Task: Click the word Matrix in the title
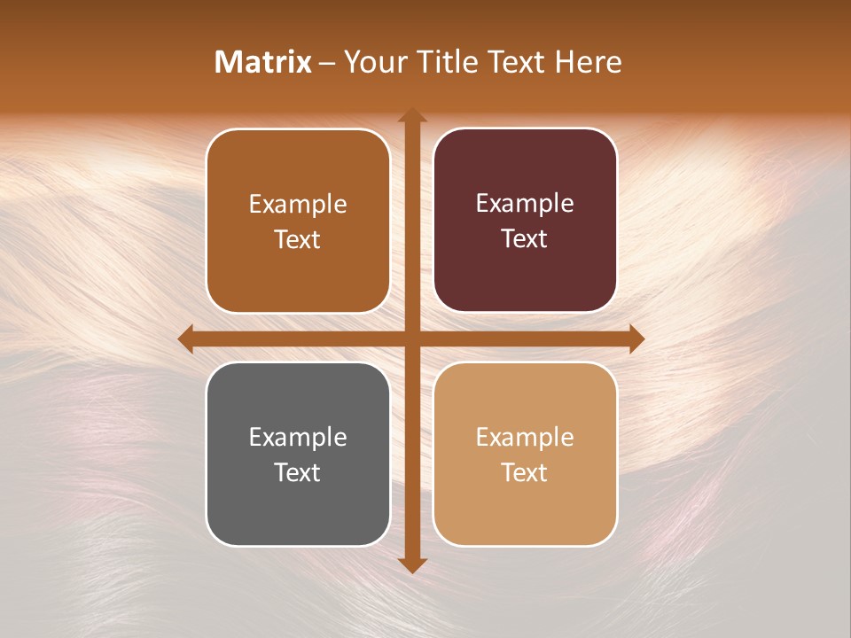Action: pyautogui.click(x=263, y=62)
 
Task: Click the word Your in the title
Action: pyautogui.click(x=372, y=62)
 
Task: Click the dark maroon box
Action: pyautogui.click(x=525, y=221)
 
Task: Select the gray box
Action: pyautogui.click(x=298, y=454)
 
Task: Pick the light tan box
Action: pyautogui.click(x=525, y=454)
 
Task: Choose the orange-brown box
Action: pyautogui.click(x=298, y=221)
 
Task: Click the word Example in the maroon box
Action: pyautogui.click(x=525, y=204)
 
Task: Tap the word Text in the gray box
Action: pyautogui.click(x=298, y=472)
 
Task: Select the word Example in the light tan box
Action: pyautogui.click(x=525, y=437)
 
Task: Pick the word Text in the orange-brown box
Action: pyautogui.click(x=298, y=239)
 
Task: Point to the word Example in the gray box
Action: pyautogui.click(x=298, y=437)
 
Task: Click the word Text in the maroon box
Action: pyautogui.click(x=525, y=238)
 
